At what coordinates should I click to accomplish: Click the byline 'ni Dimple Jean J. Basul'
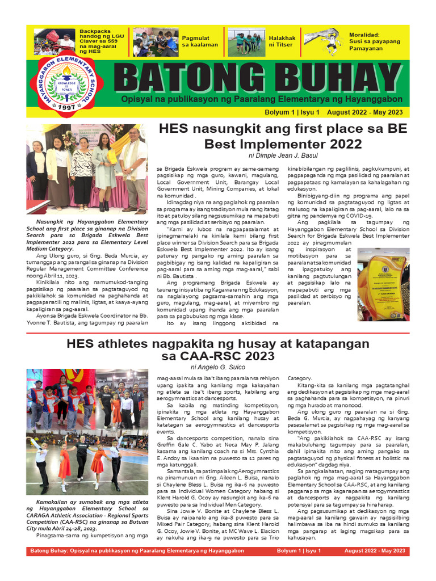(283, 155)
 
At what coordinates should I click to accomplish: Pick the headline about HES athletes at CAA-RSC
(218, 350)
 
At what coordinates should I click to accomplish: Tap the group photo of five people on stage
(86, 169)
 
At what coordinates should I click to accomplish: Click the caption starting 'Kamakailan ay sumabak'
(86, 515)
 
